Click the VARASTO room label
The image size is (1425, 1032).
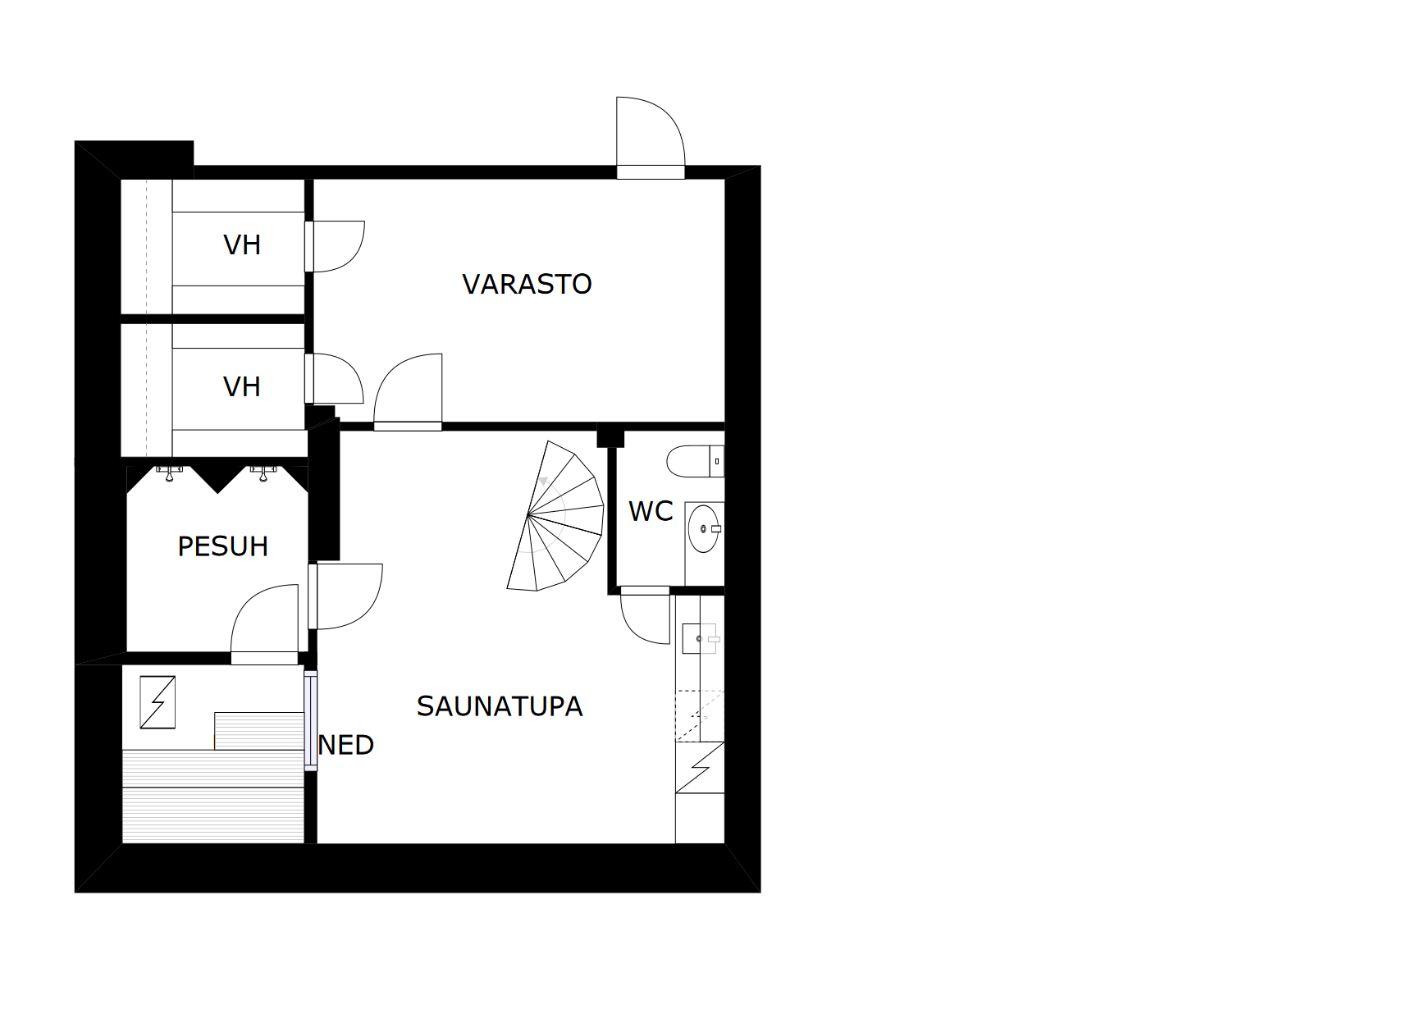[527, 284]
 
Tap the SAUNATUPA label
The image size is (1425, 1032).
[499, 706]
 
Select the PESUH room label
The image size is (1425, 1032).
[223, 546]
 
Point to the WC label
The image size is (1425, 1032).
[651, 511]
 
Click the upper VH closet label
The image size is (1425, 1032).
[242, 244]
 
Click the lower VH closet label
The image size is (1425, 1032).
[242, 386]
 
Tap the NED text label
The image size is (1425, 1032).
[346, 745]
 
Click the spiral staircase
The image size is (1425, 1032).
[556, 516]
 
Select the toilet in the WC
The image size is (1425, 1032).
[695, 461]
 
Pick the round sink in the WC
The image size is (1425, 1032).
[704, 528]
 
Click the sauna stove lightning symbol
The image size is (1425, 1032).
[158, 702]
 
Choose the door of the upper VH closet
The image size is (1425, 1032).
[335, 246]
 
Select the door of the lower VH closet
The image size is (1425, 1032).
[335, 378]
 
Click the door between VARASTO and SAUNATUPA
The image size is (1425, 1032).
[408, 391]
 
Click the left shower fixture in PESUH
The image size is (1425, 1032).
[170, 473]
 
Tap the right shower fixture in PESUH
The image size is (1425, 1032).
[263, 473]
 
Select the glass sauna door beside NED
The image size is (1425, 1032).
[311, 720]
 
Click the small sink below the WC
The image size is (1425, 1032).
[701, 638]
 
